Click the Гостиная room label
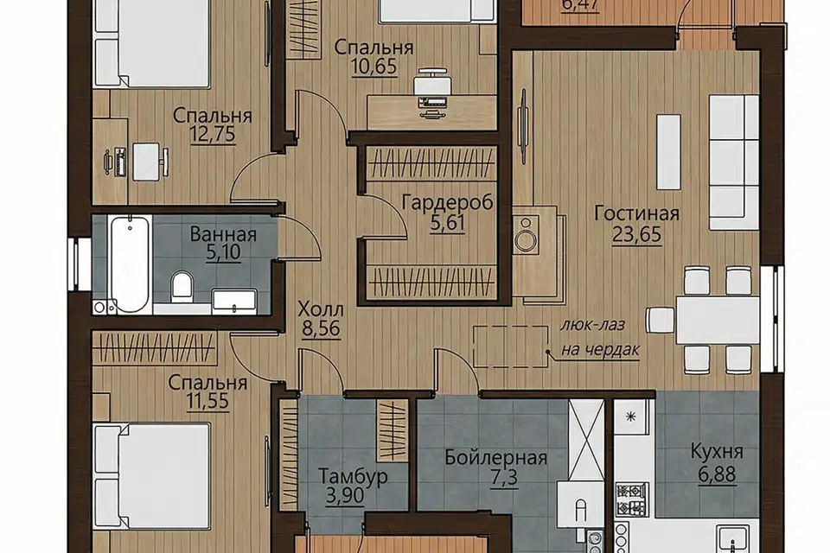coord(637,213)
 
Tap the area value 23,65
coord(637,234)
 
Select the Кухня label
coord(717,451)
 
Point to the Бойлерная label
coord(496,457)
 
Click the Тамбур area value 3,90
coord(345,496)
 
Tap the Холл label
coord(321,308)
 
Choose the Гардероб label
coord(448,202)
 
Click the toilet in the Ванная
coord(182,285)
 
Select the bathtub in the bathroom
coord(129,264)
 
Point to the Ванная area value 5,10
coord(223,252)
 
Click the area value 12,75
coord(213,135)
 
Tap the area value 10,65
coord(373,67)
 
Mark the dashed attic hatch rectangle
coord(511,346)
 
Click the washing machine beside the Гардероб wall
coord(526,235)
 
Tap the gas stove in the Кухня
coord(632,499)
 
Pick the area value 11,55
coord(208,401)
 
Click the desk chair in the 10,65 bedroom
coord(434,82)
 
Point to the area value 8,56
coord(321,329)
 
